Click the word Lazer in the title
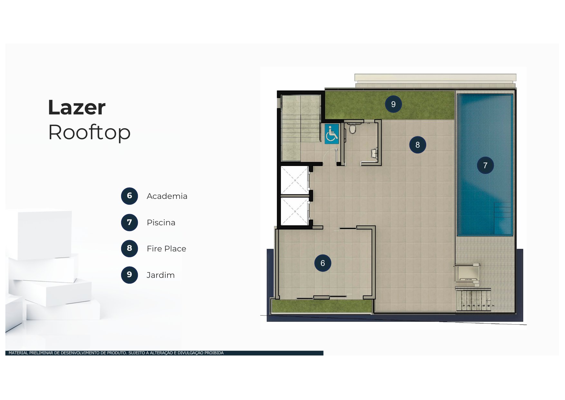coord(77,107)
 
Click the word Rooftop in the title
coord(89,132)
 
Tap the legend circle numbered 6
coord(129,196)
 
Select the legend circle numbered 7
coord(129,222)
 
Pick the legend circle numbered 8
coord(129,249)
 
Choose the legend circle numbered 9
coord(129,275)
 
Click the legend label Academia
coord(167,196)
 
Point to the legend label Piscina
coord(161,223)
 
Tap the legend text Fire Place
coord(166,249)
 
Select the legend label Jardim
coord(160,275)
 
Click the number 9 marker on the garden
coord(393,104)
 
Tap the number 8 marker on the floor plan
coord(417,145)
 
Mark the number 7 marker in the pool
coord(485,165)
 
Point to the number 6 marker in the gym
coord(322,263)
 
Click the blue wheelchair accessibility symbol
coord(331,134)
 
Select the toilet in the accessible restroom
coord(353,129)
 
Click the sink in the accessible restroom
coord(374,153)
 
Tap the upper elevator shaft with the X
coord(294,180)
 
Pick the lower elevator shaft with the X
coord(294,211)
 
